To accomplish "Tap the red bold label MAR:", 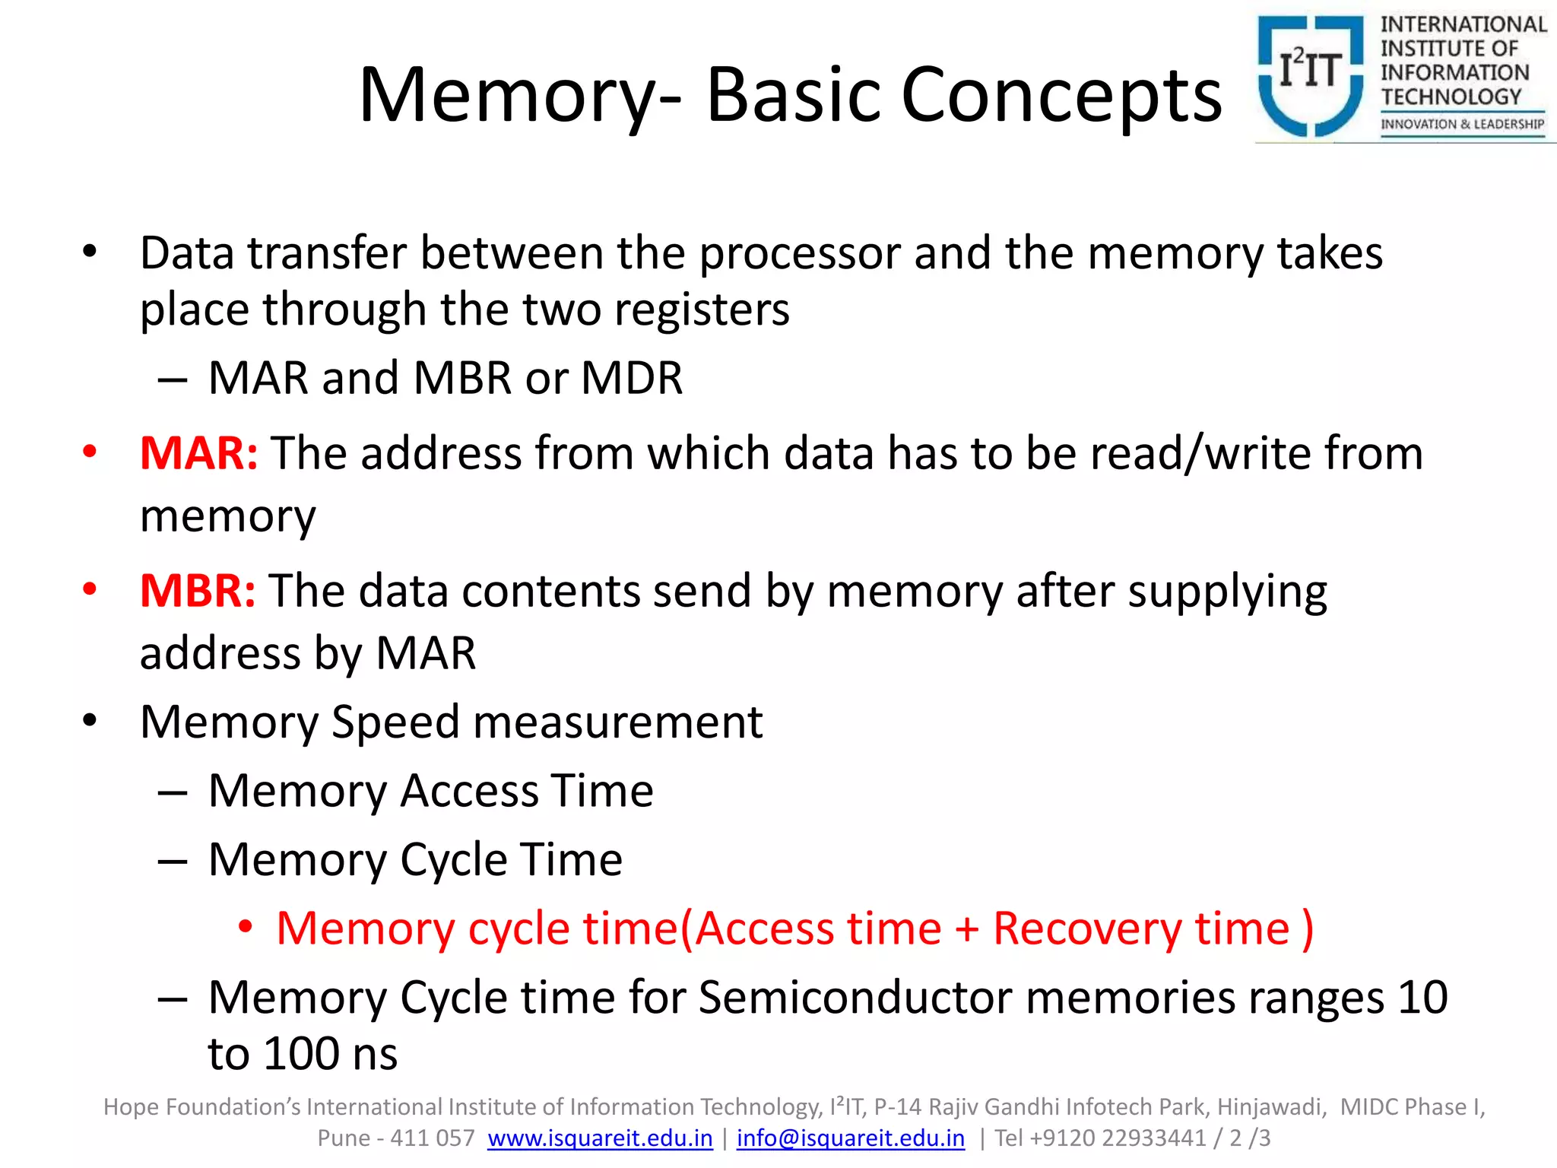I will [198, 453].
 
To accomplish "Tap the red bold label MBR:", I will [198, 591].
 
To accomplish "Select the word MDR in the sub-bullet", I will [632, 378].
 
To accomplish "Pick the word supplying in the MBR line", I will [1227, 592].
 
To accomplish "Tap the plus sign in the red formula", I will [967, 929].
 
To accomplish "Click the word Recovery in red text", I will [1087, 929].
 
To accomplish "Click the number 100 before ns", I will [302, 1054].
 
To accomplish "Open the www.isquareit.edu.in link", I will [600, 1138].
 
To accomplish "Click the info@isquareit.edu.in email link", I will [850, 1138].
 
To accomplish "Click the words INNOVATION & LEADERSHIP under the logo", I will [1462, 124].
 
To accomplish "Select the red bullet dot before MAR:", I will [90, 452].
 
